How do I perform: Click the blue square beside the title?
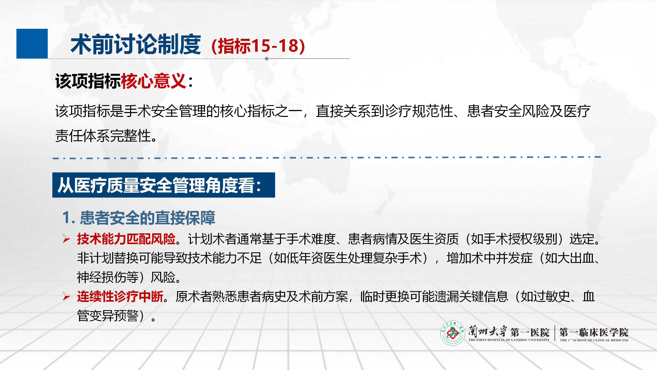tap(32, 44)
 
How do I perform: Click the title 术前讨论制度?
tap(136, 44)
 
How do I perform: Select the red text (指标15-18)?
tap(258, 46)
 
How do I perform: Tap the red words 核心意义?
tap(153, 81)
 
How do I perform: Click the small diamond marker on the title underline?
tap(267, 59)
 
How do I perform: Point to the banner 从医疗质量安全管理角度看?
tap(164, 185)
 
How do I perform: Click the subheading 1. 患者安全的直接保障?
tap(139, 218)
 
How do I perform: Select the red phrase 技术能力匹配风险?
tap(126, 239)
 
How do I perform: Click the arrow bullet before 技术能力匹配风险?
tap(66, 239)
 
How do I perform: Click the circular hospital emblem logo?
tap(453, 333)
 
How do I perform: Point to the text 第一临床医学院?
tap(594, 332)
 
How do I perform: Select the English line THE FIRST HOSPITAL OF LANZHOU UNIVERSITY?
tap(509, 340)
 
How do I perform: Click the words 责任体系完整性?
tap(103, 136)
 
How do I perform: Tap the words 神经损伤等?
tap(108, 277)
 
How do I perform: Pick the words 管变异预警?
tap(108, 316)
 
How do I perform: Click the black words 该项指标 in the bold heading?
tap(88, 81)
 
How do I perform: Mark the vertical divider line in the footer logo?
tap(555, 333)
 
